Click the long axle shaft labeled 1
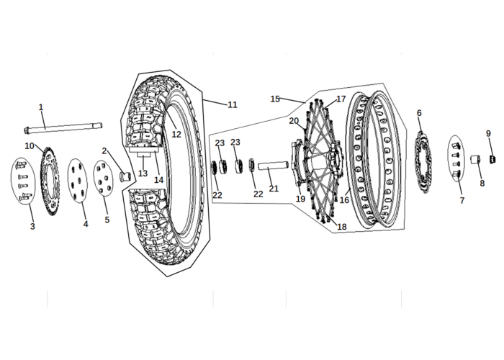pos(63,127)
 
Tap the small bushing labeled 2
pos(125,177)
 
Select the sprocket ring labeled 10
pos(50,181)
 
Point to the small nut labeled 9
pos(492,159)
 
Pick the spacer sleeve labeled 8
pos(475,159)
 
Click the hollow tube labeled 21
pos(273,166)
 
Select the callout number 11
pos(233,105)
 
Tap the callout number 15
pos(275,99)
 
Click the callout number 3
pos(32,226)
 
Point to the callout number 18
pos(342,227)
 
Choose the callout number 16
pos(344,200)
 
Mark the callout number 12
pos(176,135)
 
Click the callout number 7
pos(462,201)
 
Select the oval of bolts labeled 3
pos(23,181)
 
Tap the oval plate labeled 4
pos(78,181)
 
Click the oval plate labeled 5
pos(103,178)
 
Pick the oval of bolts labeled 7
pos(456,159)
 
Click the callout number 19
pos(300,199)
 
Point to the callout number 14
pos(159,180)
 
